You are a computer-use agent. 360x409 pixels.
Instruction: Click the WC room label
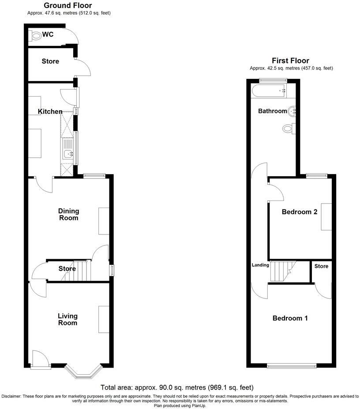48,34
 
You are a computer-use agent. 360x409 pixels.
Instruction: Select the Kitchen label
50,112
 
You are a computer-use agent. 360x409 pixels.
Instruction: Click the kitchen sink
67,153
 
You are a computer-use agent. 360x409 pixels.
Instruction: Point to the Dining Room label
68,214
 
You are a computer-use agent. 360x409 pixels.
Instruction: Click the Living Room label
67,319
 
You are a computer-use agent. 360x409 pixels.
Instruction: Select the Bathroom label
272,111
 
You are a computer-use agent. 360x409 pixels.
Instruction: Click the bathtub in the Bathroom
270,92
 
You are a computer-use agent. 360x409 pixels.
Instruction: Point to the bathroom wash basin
292,112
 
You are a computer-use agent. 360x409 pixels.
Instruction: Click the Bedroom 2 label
300,212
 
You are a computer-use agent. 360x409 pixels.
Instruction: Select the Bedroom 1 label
290,318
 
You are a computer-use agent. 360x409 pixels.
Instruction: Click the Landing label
260,265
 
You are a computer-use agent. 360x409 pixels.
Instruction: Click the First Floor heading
291,61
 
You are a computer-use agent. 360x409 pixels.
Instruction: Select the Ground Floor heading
68,6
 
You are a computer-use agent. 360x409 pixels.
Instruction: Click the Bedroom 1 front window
292,365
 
